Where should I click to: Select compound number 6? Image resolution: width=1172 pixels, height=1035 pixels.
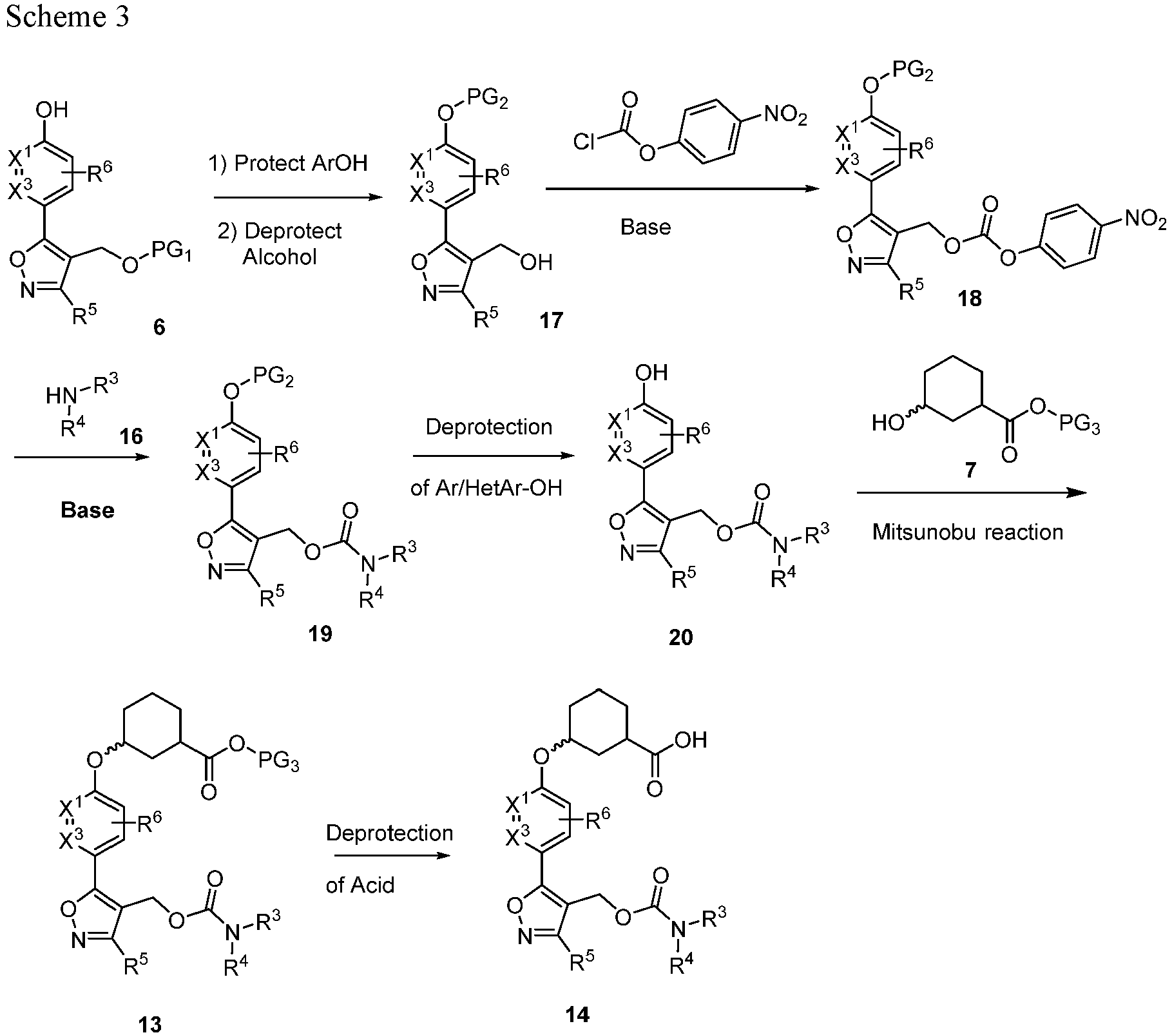coord(159,327)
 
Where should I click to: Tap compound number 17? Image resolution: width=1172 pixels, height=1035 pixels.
coord(552,320)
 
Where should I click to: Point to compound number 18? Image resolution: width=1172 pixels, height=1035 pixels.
coord(970,298)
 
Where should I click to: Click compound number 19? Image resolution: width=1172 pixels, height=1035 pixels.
coord(320,634)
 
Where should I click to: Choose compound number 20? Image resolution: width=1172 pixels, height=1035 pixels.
coord(681,637)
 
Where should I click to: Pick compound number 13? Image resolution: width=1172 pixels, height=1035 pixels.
coord(149,1023)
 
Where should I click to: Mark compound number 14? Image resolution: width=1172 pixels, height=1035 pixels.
coord(577,1014)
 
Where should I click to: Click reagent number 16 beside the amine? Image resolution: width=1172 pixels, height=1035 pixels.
coord(131,437)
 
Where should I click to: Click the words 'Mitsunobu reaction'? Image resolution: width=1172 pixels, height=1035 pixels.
coord(968,532)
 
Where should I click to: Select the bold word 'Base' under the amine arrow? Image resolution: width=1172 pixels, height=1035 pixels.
coord(88,510)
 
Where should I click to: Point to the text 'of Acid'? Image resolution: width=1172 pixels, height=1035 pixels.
coord(360,885)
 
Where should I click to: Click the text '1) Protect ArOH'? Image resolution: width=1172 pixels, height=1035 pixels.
coord(288,164)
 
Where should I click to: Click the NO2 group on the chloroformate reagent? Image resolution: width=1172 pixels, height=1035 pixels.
coord(785,116)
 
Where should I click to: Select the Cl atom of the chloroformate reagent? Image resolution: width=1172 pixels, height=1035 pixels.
coord(584,141)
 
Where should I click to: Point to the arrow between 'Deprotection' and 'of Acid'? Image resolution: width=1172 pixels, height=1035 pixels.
coord(390,856)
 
